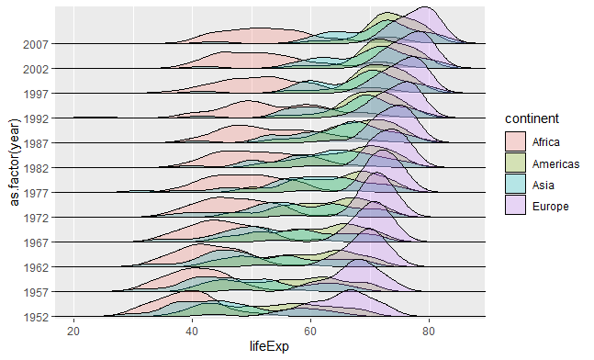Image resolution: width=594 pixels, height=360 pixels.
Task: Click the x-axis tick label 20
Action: [x=74, y=330]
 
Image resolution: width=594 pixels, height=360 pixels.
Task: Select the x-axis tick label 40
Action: [x=192, y=330]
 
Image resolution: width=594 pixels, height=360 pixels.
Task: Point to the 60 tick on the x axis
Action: [x=310, y=330]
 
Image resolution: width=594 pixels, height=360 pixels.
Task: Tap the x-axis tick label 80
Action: [x=429, y=330]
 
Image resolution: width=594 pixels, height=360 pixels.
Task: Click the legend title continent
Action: [x=531, y=119]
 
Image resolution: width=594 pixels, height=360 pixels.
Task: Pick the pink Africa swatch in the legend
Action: [x=515, y=141]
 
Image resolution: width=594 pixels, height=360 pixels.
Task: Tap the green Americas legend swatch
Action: [x=515, y=163]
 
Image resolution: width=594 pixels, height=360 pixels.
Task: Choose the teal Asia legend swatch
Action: [x=515, y=185]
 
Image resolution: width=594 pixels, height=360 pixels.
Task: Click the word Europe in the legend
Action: [x=551, y=207]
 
